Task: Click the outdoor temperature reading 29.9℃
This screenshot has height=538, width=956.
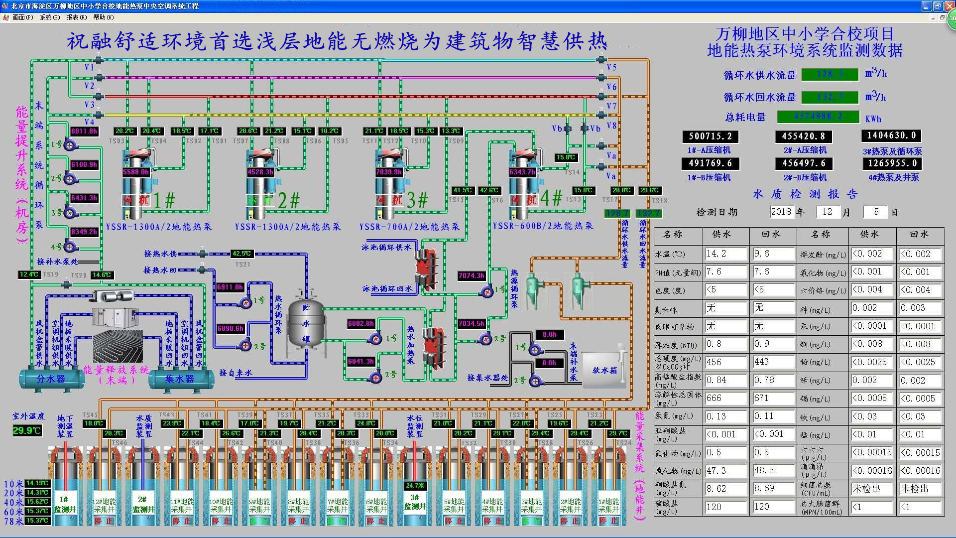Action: [x=27, y=430]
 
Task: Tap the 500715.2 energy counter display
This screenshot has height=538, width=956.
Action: [x=710, y=136]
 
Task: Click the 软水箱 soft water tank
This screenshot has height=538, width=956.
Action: [x=604, y=370]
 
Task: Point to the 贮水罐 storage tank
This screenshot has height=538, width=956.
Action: [x=306, y=324]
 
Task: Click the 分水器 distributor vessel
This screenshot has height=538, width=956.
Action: [x=51, y=379]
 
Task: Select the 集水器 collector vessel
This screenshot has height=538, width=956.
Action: [x=180, y=379]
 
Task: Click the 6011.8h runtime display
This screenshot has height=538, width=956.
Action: [x=84, y=132]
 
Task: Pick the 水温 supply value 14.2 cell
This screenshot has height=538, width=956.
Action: [x=725, y=254]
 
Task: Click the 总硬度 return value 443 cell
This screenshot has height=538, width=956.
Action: [x=773, y=362]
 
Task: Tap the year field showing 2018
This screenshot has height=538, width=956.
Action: [x=781, y=212]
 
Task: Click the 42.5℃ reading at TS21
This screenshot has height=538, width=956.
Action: [x=242, y=254]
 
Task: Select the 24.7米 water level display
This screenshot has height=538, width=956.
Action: [x=415, y=485]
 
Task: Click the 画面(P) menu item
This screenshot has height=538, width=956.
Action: [x=22, y=17]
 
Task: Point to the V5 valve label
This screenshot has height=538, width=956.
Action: [x=611, y=67]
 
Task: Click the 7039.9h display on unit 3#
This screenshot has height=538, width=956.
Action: [x=389, y=172]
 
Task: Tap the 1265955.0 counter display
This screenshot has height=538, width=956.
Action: [x=892, y=163]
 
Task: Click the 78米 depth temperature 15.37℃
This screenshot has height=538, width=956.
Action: [x=37, y=521]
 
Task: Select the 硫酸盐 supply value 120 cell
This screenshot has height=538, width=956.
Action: [x=725, y=507]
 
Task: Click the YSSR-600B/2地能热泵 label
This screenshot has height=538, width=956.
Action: [x=543, y=226]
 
